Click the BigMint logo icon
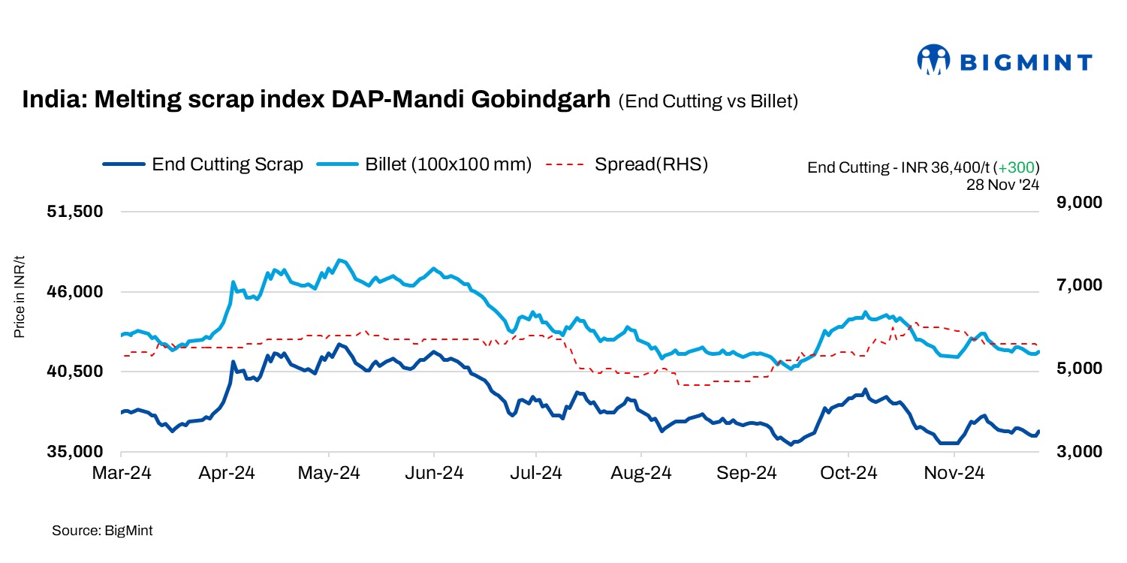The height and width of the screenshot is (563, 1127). (x=933, y=60)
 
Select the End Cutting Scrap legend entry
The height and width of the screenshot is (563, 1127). (x=203, y=164)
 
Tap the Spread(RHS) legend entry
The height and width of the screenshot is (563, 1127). (x=627, y=164)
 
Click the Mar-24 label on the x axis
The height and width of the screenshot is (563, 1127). (x=121, y=474)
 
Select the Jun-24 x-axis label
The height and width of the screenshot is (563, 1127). (x=433, y=474)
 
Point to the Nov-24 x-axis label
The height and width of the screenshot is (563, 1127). (x=954, y=474)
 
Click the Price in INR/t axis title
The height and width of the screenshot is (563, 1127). (x=20, y=297)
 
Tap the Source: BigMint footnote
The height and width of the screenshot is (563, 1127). (x=102, y=531)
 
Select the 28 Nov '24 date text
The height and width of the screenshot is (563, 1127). (x=1002, y=182)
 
